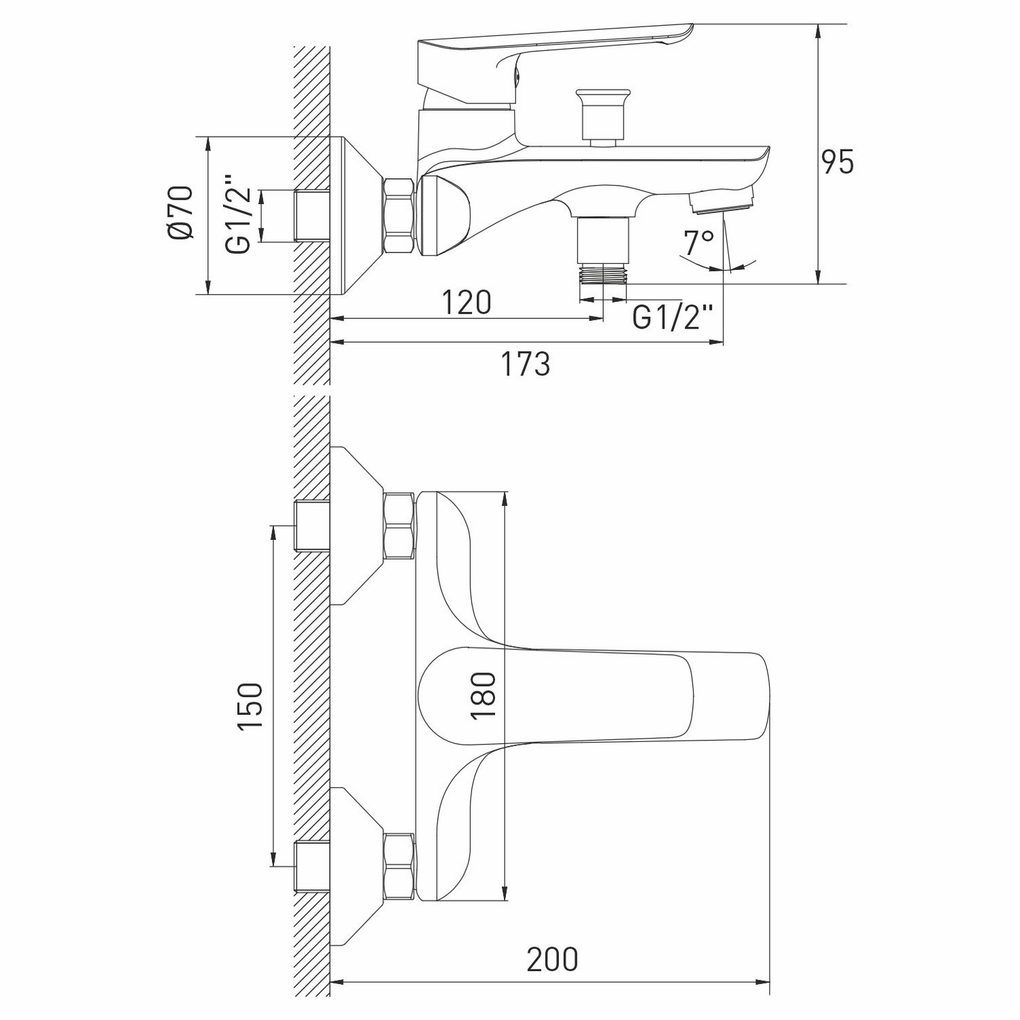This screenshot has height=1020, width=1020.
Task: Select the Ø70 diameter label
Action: coord(181,212)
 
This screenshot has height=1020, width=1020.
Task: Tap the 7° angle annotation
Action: coord(700,241)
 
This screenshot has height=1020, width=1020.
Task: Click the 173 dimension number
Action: coord(526,364)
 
